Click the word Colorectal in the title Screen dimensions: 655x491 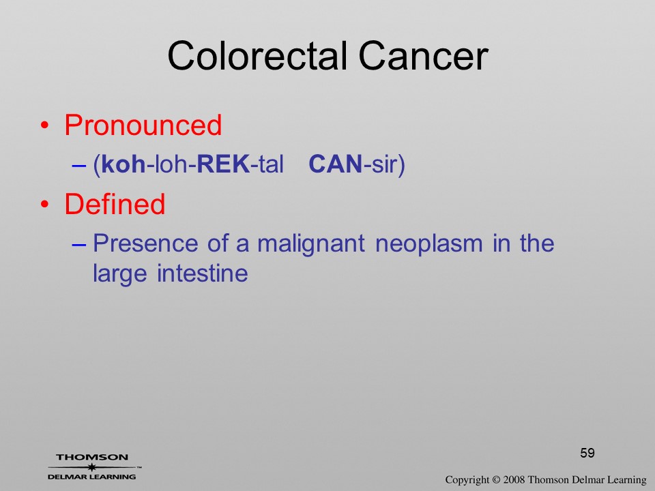(257, 56)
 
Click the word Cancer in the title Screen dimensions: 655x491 (424, 56)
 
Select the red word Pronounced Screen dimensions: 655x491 (143, 125)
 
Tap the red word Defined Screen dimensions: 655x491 (115, 204)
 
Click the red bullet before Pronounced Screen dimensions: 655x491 (45, 125)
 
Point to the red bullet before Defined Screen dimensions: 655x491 (45, 204)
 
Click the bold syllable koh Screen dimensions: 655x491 (123, 164)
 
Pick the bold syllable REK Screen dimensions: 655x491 (224, 164)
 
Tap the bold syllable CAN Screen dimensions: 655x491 (336, 164)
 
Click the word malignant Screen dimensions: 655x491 (311, 244)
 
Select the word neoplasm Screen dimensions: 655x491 (429, 244)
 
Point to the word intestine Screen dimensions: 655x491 (203, 273)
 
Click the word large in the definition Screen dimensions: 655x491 (120, 275)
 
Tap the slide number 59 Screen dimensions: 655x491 (587, 453)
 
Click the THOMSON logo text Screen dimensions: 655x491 (92, 457)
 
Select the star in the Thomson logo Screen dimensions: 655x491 (92, 467)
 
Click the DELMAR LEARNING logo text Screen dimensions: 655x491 (92, 477)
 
